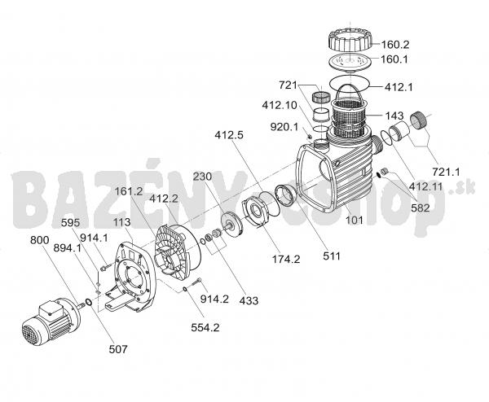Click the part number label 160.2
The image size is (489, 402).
coord(395,45)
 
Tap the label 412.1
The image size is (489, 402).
coord(399,88)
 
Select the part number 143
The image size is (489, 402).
coord(394,116)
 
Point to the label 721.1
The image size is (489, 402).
coord(446,172)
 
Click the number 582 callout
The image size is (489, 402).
coord(420,208)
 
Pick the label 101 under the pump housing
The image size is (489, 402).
coord(355,221)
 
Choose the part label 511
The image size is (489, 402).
coord(332,256)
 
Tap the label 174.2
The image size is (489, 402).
coord(286,259)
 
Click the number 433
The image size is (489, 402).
coord(249,300)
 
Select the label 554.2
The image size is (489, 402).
coord(205,327)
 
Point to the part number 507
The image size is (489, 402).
coord(118,349)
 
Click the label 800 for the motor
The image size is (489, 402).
coord(40,240)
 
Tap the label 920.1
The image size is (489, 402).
coord(284,127)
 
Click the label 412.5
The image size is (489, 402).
coord(229,135)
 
